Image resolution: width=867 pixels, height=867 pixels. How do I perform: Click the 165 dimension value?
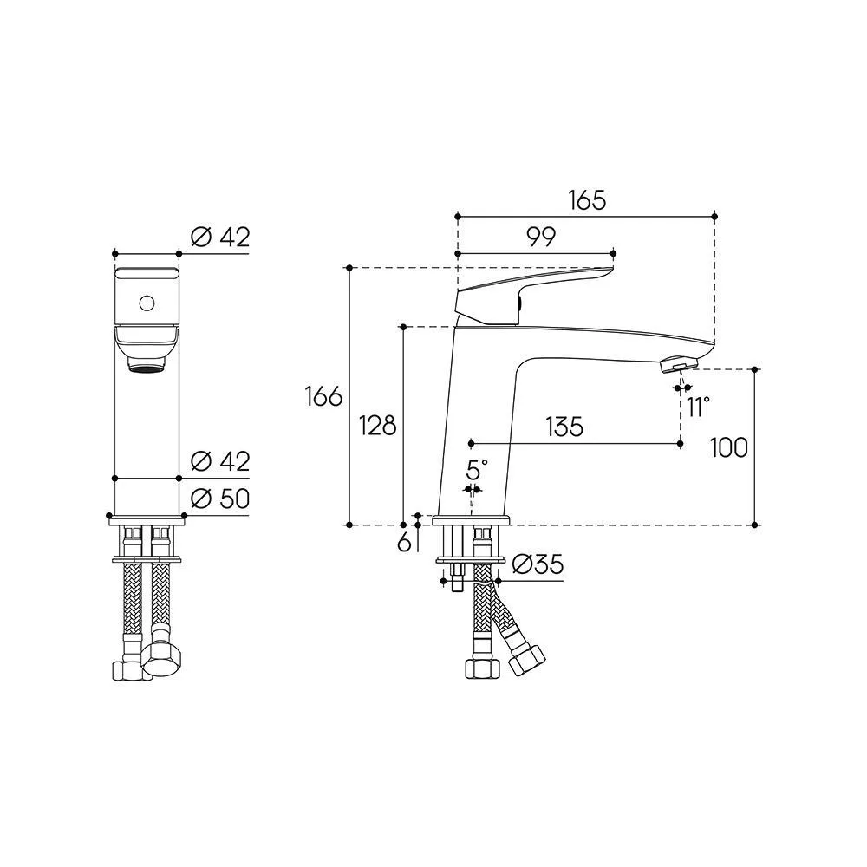[587, 200]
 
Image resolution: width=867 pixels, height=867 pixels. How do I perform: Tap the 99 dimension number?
[540, 238]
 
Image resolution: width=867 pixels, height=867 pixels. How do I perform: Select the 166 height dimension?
[324, 396]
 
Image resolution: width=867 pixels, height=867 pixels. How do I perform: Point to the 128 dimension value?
[378, 425]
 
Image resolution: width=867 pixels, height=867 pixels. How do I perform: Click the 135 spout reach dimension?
[564, 427]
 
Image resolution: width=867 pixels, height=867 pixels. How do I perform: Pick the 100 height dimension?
[729, 447]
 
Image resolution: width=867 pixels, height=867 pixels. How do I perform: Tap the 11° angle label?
[698, 407]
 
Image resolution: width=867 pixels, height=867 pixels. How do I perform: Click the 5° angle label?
[477, 470]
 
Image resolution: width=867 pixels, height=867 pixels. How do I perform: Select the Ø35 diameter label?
[538, 564]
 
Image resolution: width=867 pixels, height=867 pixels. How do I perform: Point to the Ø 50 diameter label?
[220, 499]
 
